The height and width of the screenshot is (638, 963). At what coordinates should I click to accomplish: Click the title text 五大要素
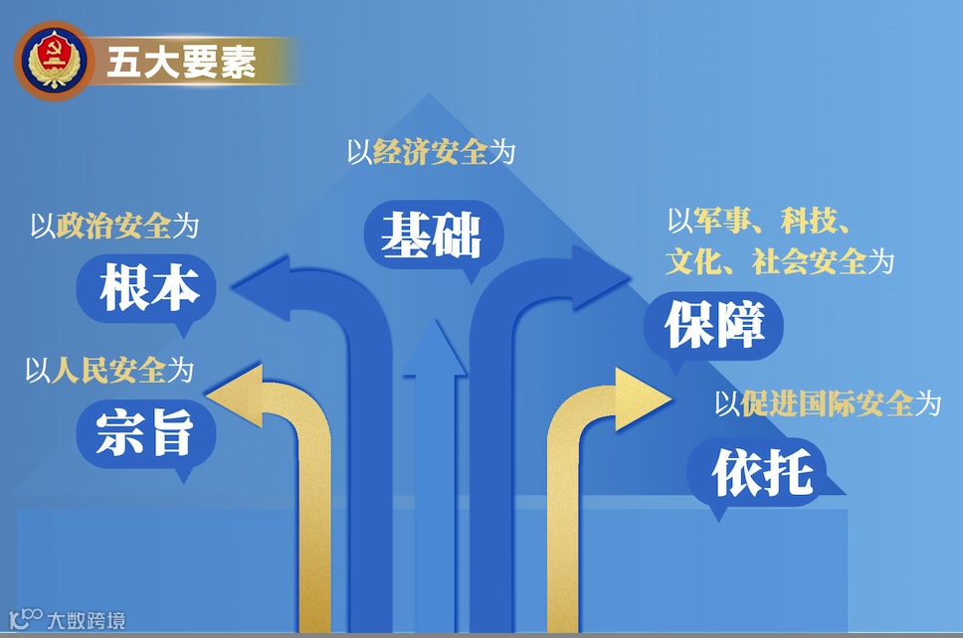click(x=181, y=62)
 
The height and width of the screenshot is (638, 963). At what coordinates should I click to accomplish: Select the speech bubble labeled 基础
click(x=431, y=237)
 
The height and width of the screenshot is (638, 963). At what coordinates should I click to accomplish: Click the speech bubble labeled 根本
click(x=145, y=287)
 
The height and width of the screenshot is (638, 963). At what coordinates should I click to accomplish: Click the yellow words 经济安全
click(x=431, y=153)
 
